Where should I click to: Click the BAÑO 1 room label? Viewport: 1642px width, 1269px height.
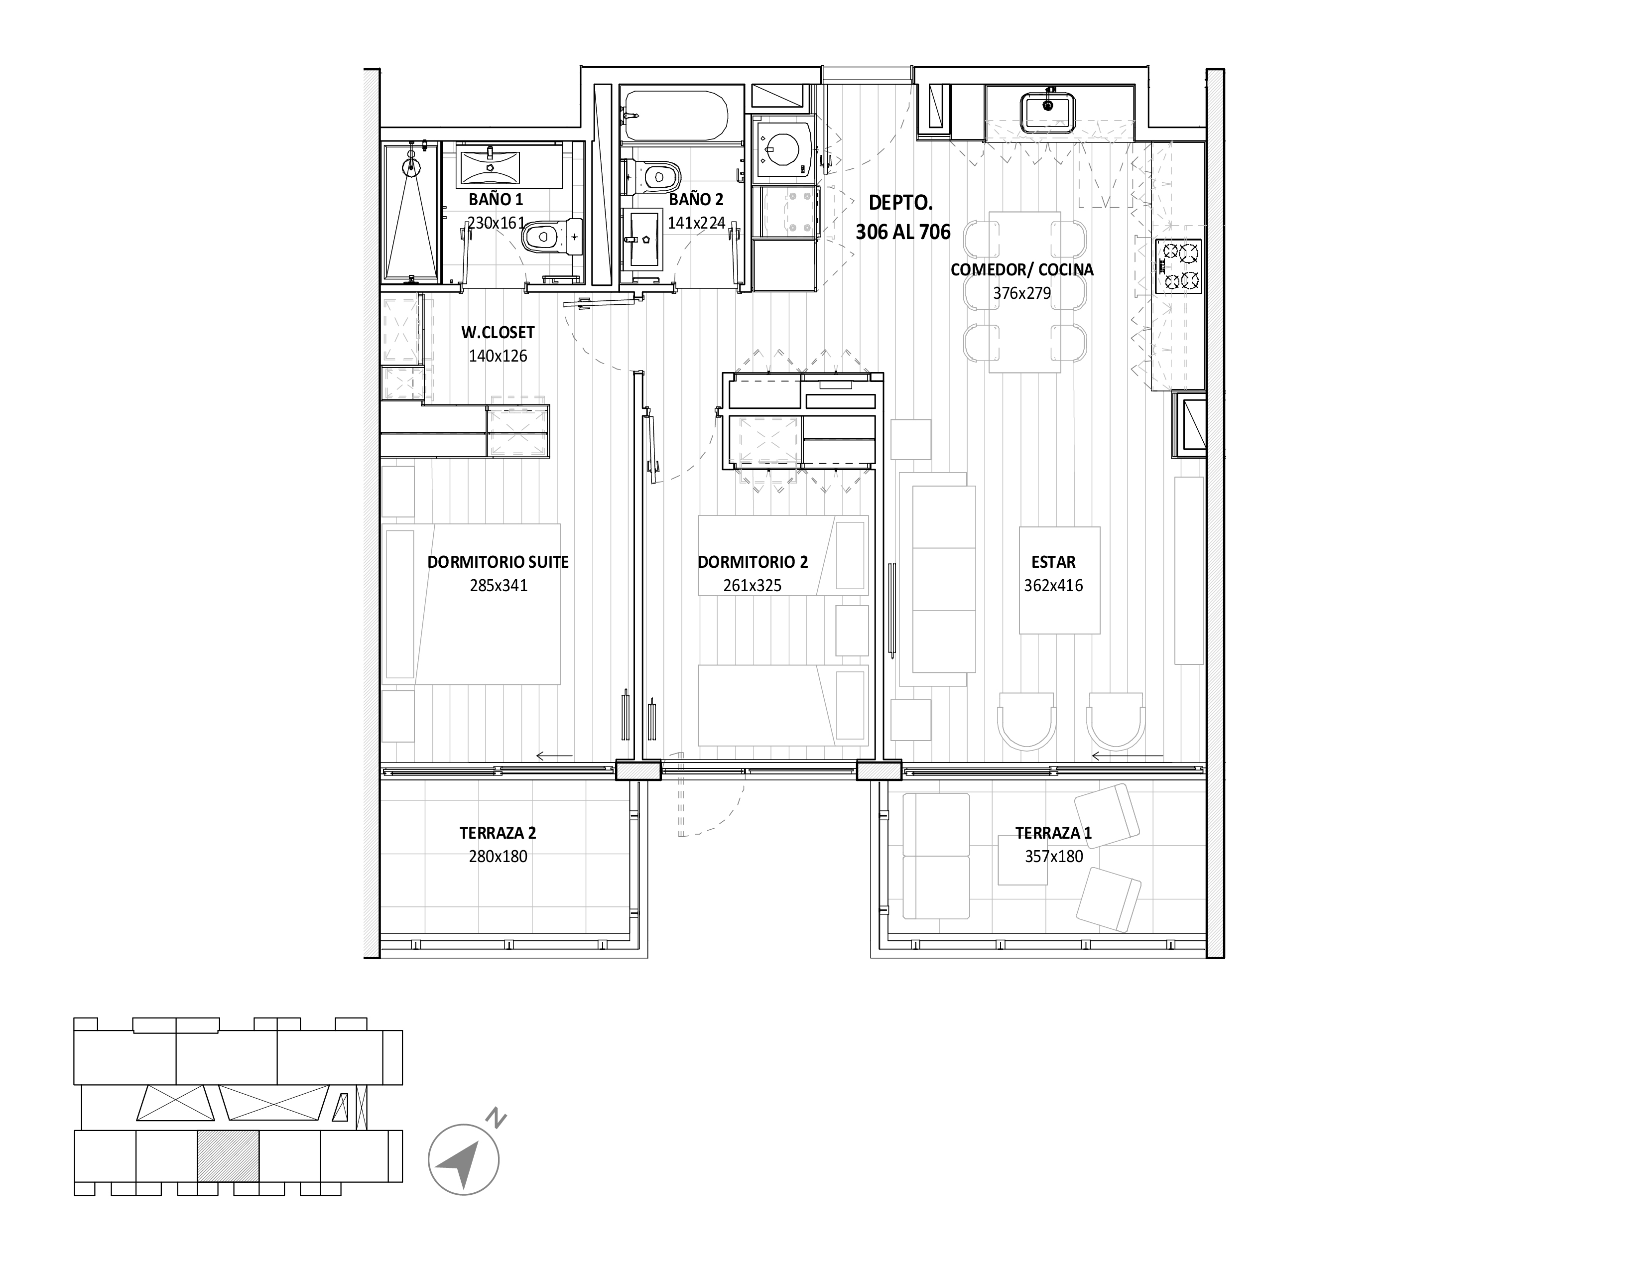[x=496, y=199]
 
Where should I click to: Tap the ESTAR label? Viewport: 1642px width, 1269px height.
[x=1053, y=562]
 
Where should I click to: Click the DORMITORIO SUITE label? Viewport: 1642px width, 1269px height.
[x=498, y=562]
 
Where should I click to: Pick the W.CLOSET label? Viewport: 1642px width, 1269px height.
[x=498, y=332]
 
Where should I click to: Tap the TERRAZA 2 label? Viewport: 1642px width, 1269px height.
[x=498, y=833]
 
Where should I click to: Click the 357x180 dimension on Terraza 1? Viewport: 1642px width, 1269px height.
[x=1053, y=856]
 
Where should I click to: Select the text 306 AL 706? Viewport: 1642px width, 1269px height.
[x=903, y=232]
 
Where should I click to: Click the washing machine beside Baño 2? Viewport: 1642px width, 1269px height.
[x=783, y=148]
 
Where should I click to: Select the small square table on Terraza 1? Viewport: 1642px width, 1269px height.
[x=1022, y=859]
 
